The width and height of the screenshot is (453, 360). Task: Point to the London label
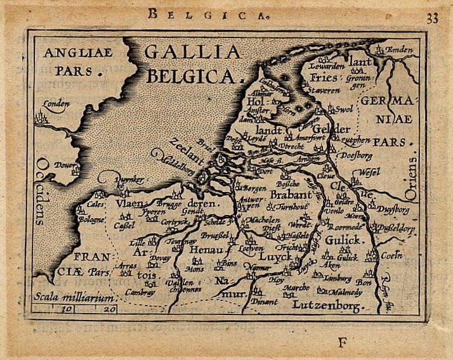55,104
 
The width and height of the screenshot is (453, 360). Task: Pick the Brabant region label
291,195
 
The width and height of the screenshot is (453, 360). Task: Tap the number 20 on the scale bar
109,309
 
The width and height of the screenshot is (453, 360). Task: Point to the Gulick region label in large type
343,240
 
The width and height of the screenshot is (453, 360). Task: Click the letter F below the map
343,343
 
